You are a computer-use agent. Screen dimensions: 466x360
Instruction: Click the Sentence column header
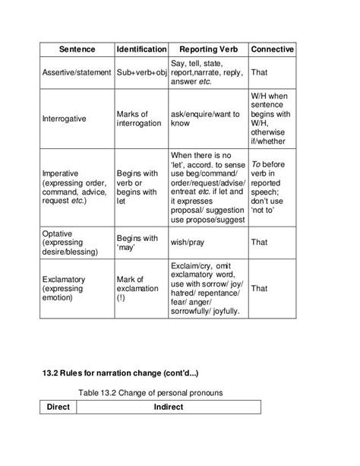77,49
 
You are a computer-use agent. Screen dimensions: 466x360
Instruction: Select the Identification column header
141,49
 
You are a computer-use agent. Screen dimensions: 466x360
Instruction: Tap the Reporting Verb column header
207,49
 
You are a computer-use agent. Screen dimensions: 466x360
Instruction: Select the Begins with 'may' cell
137,243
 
